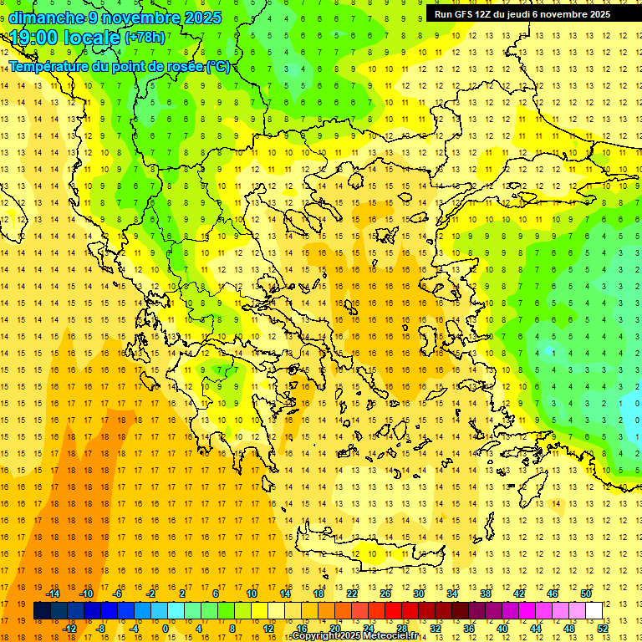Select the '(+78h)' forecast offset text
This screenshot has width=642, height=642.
[145, 38]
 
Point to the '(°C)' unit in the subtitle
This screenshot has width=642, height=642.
[218, 66]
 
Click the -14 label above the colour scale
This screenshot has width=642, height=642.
[53, 593]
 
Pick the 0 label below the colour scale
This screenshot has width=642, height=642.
[165, 629]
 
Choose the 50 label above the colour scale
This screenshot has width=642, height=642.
[585, 593]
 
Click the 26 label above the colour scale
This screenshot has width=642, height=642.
[385, 593]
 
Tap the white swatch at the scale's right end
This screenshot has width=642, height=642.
[594, 611]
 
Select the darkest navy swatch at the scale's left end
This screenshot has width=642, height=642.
[43, 611]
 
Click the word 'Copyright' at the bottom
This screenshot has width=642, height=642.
[315, 636]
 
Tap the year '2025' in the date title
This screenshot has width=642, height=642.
[203, 18]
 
